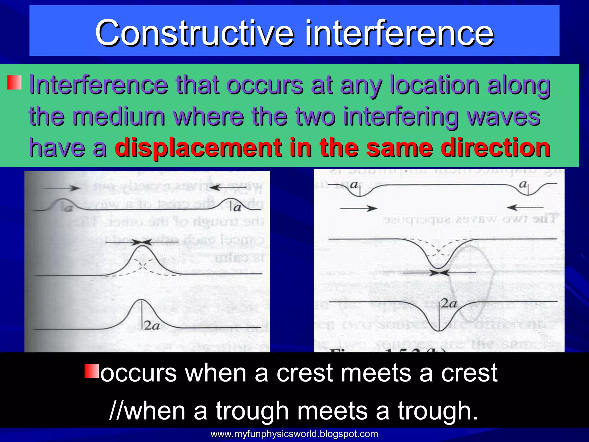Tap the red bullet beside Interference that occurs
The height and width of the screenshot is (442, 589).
click(x=14, y=83)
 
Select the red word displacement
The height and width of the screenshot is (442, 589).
click(x=198, y=147)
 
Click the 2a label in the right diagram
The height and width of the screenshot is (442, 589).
click(x=449, y=304)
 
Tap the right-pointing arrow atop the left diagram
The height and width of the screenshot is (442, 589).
click(x=62, y=188)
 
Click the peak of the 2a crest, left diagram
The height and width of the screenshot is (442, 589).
click(x=141, y=300)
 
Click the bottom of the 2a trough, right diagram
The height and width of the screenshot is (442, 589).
click(x=439, y=331)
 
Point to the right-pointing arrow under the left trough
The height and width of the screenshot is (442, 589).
click(x=358, y=208)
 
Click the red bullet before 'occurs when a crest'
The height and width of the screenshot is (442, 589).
click(x=92, y=371)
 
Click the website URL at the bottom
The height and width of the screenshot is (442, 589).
click(x=294, y=434)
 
